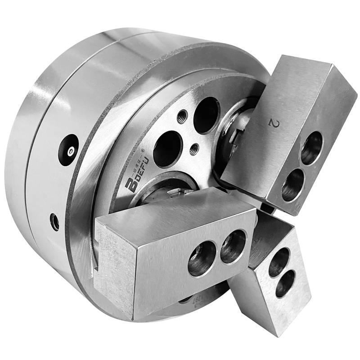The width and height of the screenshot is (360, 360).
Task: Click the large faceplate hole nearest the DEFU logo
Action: tap(167, 149)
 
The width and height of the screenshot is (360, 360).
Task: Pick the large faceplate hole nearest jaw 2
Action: tap(206, 115)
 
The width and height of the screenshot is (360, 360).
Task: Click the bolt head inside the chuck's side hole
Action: tap(70, 150)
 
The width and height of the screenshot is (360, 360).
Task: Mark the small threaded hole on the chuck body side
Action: tap(55, 221)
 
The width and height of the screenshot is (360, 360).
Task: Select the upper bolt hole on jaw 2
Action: tap(311, 148)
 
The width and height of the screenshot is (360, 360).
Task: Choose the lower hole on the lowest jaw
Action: tap(285, 283)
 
